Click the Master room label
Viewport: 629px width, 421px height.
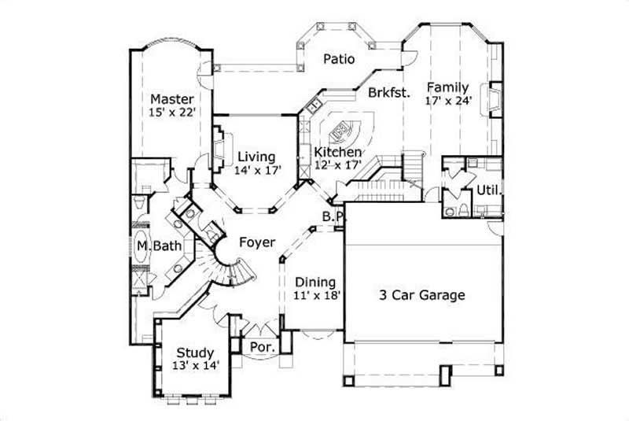tap(172, 99)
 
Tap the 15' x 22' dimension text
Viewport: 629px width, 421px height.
tap(172, 113)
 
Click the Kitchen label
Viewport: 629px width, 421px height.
tap(338, 152)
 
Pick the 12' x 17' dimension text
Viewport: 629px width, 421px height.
tap(337, 164)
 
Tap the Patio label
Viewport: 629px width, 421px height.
tap(340, 59)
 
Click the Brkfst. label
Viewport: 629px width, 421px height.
tap(388, 92)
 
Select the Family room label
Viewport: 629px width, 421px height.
tap(448, 87)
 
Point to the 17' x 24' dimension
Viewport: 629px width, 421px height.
tap(448, 100)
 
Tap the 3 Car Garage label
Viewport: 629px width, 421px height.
tap(422, 296)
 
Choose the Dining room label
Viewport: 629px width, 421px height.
tap(315, 282)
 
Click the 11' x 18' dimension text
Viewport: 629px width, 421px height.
tap(315, 295)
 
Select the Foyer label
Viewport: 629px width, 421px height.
tap(257, 242)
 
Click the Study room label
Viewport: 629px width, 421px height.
tap(196, 352)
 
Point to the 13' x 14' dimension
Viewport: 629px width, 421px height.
tap(196, 365)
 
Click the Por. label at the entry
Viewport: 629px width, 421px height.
tap(260, 346)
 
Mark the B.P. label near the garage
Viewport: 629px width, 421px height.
tap(330, 216)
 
